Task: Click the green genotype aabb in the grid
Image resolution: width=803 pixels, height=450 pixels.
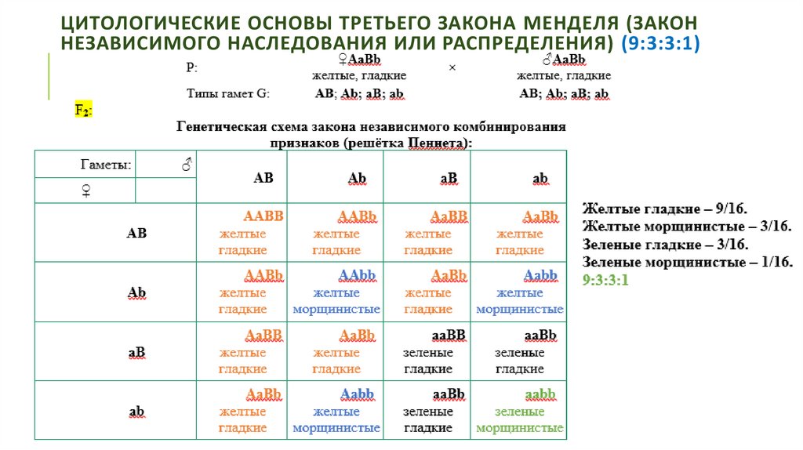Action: pyautogui.click(x=540, y=394)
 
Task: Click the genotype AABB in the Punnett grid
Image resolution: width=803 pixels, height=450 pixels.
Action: pyautogui.click(x=263, y=216)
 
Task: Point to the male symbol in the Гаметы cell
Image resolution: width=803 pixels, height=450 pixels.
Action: pyautogui.click(x=187, y=165)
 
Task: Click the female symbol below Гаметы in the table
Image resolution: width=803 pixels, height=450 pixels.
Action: pyautogui.click(x=85, y=191)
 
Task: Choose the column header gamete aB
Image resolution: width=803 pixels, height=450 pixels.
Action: pyautogui.click(x=449, y=178)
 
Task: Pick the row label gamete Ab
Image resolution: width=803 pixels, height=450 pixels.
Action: pyautogui.click(x=136, y=292)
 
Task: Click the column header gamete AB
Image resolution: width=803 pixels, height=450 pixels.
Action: pyautogui.click(x=263, y=178)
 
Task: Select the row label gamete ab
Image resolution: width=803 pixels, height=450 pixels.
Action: pyautogui.click(x=136, y=411)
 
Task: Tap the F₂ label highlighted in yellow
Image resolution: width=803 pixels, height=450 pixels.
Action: pyautogui.click(x=83, y=111)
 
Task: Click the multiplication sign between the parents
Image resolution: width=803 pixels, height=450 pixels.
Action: pyautogui.click(x=452, y=67)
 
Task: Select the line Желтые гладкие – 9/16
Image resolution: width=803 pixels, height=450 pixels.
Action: pyautogui.click(x=665, y=209)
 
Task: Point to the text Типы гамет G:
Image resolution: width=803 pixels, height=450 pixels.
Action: pyautogui.click(x=227, y=94)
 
